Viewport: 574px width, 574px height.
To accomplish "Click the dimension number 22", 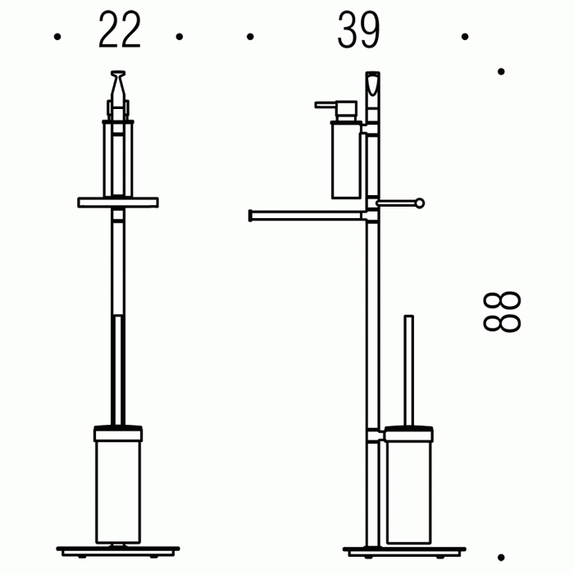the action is coord(120,30).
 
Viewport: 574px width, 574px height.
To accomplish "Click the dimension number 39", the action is coord(359,30).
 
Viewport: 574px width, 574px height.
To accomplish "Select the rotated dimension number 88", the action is coord(502,312).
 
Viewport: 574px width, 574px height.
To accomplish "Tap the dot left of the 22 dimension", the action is coord(57,37).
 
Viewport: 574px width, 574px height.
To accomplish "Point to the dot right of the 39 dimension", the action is coord(465,37).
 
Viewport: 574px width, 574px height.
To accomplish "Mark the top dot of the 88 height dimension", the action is coord(501,71).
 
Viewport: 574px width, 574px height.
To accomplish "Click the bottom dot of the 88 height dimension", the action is coord(501,558).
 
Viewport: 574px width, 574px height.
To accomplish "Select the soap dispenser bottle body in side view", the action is coord(346,160).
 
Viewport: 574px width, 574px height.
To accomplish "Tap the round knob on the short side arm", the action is coord(420,203).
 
